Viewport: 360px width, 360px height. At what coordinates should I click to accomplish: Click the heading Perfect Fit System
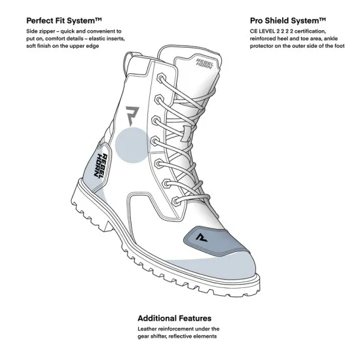(x=64, y=21)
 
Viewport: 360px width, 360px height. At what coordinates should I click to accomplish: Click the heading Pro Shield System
(x=288, y=21)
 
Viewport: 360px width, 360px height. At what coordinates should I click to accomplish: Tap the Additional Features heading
(x=175, y=318)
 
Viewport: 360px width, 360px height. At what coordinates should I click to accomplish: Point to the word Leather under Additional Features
(x=147, y=329)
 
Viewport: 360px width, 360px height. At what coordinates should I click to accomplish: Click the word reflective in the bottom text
(x=180, y=336)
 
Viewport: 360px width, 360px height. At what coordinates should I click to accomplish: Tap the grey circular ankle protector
(x=132, y=145)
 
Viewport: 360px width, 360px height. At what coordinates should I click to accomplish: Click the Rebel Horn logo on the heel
(x=101, y=166)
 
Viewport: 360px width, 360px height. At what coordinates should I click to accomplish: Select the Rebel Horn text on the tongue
(x=204, y=63)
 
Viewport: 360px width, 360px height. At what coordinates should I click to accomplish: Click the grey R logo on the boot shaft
(x=132, y=115)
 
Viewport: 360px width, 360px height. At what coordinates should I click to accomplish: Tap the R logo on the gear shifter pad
(x=202, y=238)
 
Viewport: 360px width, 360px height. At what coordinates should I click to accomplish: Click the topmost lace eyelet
(x=161, y=77)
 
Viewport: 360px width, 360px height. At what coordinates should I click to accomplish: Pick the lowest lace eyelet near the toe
(x=176, y=201)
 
